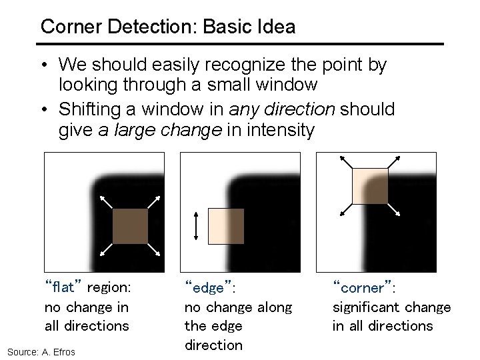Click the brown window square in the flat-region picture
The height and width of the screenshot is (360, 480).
130,226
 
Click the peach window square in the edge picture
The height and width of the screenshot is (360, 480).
227,225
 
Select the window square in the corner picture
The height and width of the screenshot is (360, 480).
369,186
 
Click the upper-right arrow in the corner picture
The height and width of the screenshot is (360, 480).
394,162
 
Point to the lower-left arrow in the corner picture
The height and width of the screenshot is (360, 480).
345,209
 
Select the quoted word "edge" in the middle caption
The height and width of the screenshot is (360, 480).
208,288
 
